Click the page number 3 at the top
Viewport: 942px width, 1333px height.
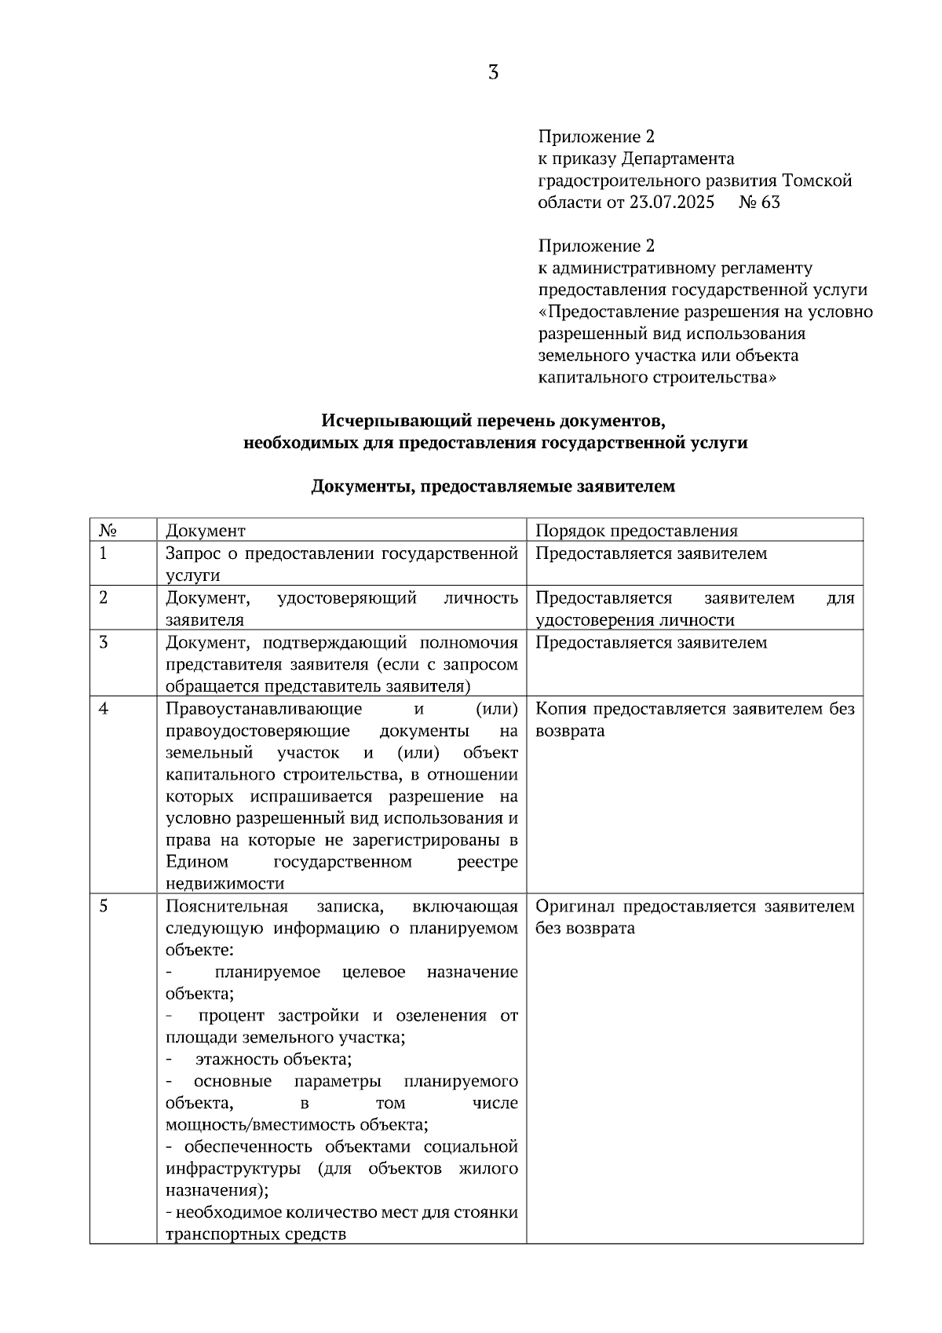tap(493, 73)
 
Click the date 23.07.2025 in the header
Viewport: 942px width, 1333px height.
tap(672, 203)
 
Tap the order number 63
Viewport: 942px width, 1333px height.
tap(771, 203)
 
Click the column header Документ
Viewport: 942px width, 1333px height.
tap(206, 531)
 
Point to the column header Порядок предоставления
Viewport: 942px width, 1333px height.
tap(637, 531)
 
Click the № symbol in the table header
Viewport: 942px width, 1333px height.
tap(108, 531)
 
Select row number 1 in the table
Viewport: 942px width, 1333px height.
tap(103, 553)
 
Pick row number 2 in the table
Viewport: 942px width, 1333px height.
tap(104, 597)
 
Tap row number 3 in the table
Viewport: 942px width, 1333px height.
tap(104, 642)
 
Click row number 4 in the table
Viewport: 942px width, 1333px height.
tap(104, 709)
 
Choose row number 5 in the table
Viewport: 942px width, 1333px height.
tap(104, 907)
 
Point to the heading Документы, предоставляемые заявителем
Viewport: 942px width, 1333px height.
tap(493, 487)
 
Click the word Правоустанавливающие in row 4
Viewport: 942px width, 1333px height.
tap(264, 709)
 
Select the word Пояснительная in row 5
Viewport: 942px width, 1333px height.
tap(227, 907)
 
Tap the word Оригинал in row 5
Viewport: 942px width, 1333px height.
tap(575, 907)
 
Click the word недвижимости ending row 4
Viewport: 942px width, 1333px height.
tap(225, 884)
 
